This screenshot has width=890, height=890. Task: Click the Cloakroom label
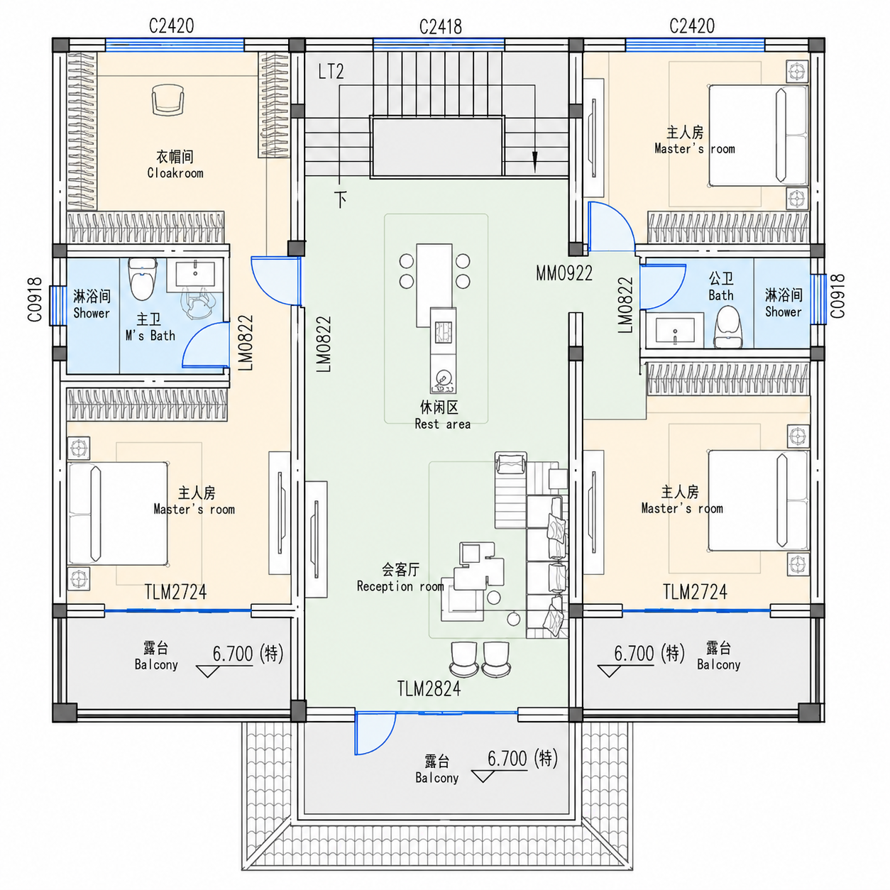click(175, 173)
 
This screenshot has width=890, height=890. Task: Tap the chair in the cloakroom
click(167, 99)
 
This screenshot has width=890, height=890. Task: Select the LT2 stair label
click(331, 72)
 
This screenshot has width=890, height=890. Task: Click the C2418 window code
click(440, 27)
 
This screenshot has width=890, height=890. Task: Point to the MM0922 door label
click(564, 273)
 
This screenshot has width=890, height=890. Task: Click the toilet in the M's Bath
click(142, 280)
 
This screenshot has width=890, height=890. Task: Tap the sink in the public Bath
click(675, 329)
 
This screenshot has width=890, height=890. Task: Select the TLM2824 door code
click(429, 689)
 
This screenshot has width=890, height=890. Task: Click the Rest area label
click(442, 424)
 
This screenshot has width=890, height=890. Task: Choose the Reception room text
click(400, 586)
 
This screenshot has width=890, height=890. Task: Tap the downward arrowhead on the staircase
click(535, 162)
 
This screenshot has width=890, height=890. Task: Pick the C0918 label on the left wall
click(35, 300)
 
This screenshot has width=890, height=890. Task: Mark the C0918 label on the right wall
click(837, 296)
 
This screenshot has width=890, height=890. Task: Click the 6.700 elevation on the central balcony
click(507, 759)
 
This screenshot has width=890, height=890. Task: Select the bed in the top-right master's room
click(759, 136)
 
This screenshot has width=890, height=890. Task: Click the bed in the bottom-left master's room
click(118, 513)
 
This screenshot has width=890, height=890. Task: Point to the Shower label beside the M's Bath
click(92, 313)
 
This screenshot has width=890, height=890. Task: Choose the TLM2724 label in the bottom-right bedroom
click(695, 592)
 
